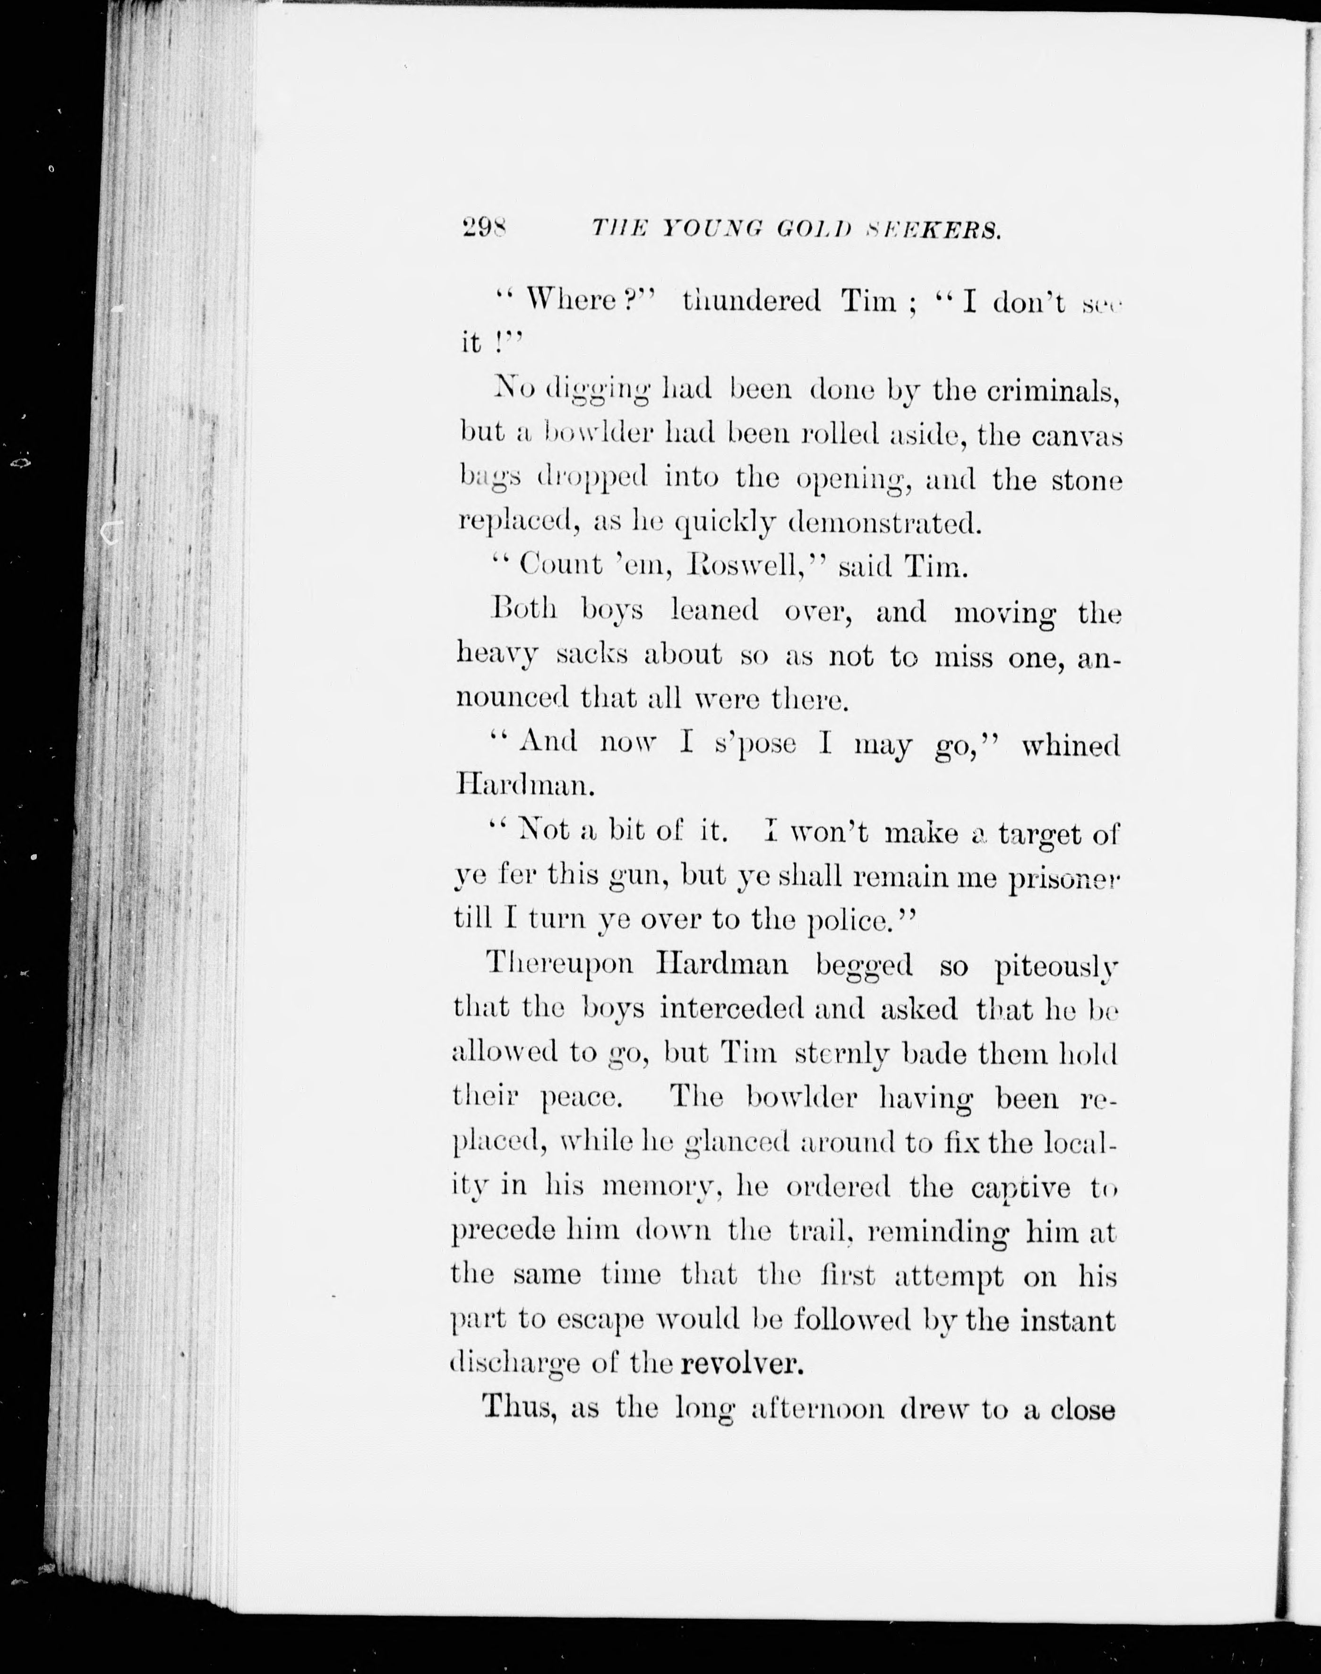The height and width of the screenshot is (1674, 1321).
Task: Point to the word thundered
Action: click(751, 300)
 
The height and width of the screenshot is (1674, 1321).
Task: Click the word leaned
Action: click(715, 611)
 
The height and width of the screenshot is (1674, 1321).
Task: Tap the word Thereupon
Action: click(559, 964)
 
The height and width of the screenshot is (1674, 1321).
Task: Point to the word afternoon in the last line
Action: click(818, 1409)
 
